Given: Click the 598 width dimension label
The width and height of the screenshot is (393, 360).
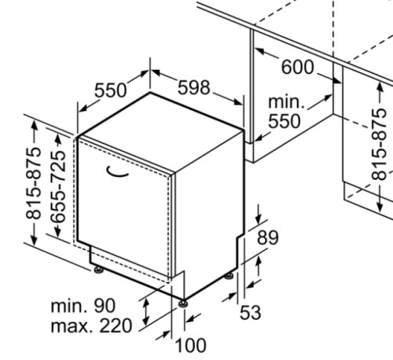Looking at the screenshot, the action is tap(194, 87).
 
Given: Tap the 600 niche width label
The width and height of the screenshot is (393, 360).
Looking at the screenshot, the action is tap(297, 67).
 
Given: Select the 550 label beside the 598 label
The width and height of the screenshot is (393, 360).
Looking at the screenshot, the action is tap(110, 90).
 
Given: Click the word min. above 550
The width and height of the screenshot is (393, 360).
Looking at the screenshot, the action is tap(287, 102).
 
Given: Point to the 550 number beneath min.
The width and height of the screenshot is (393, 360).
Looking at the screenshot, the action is tap(285, 121).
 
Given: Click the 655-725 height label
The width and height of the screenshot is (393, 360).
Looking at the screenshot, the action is tap(58, 187).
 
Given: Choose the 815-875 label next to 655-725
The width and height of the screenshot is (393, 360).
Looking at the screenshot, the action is tap(33, 183).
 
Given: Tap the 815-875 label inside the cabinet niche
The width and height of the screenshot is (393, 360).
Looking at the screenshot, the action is tap(379, 144).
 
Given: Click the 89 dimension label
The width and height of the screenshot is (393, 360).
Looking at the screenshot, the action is tap(268, 238).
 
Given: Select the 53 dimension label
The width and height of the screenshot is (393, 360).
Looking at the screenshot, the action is tap(251, 312).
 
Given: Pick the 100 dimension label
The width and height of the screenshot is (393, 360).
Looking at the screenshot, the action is tap(190, 345).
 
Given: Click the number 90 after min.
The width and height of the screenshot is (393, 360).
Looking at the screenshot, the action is tap(105, 306).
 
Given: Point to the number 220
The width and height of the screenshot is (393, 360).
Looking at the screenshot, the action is tap(116, 325).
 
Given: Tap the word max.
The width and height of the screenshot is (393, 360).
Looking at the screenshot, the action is tap(73, 326).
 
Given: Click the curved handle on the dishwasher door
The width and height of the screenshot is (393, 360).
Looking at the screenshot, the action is tap(116, 173).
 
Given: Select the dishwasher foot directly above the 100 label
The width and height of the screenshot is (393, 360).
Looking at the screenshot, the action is tap(183, 303).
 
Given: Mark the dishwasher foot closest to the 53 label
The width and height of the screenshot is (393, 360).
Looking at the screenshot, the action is tap(230, 276).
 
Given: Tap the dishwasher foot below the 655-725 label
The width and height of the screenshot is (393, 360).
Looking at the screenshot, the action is tap(98, 270).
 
